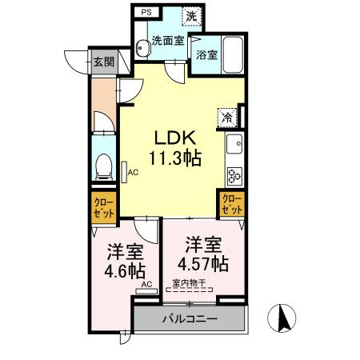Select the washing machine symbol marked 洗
click(x=192, y=15)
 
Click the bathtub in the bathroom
click(x=233, y=54)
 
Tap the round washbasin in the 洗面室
click(x=141, y=46)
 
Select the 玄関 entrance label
click(x=102, y=62)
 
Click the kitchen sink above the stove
click(x=235, y=146)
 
